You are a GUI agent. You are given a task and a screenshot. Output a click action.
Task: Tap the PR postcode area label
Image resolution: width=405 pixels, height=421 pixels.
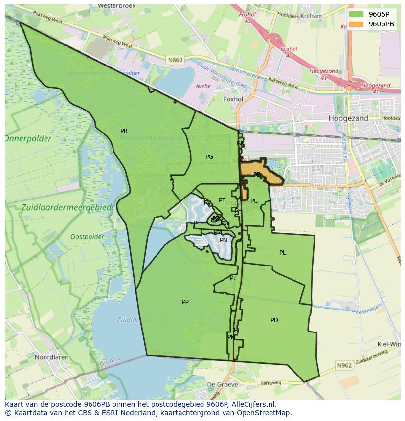pyautogui.click(x=124, y=131)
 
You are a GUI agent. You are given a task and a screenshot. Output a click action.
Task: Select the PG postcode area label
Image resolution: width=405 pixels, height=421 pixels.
pyautogui.click(x=209, y=157)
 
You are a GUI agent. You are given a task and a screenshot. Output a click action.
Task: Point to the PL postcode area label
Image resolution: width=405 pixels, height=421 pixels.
pyautogui.click(x=282, y=253)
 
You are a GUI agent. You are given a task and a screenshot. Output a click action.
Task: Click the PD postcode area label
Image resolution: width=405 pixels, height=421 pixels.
pyautogui.click(x=274, y=320)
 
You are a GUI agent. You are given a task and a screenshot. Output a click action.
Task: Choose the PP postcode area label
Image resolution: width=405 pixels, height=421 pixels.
pyautogui.click(x=185, y=302)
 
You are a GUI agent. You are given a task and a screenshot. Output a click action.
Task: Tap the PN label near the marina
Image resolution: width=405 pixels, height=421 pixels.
pyautogui.click(x=224, y=240)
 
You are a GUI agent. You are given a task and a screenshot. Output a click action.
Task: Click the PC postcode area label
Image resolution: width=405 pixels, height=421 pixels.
pyautogui.click(x=254, y=201)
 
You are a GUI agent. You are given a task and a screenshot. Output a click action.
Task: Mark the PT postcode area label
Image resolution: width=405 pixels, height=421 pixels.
pyautogui.click(x=222, y=200)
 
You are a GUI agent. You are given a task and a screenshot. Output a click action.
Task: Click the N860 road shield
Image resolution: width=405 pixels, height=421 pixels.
pyautogui.click(x=175, y=60)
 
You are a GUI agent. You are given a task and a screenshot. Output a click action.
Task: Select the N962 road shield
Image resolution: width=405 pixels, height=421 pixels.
pyautogui.click(x=344, y=365)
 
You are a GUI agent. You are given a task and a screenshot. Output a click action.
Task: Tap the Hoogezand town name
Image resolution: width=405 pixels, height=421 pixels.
pyautogui.click(x=348, y=118)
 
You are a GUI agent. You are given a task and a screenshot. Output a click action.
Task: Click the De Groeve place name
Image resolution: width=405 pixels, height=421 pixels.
pyautogui.click(x=222, y=384)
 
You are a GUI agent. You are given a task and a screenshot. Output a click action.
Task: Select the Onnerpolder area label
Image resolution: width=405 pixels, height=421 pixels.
pyautogui.click(x=28, y=139)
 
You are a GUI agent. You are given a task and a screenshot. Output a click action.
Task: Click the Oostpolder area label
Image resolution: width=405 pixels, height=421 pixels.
pyautogui.click(x=87, y=237)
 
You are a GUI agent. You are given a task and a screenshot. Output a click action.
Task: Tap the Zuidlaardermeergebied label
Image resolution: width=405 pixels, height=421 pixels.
pyautogui.click(x=67, y=207)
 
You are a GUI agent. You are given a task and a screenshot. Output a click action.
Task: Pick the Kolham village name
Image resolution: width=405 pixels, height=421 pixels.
pyautogui.click(x=312, y=16)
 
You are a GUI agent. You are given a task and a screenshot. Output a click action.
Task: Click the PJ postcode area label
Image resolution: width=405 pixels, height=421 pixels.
pyautogui.click(x=233, y=278)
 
